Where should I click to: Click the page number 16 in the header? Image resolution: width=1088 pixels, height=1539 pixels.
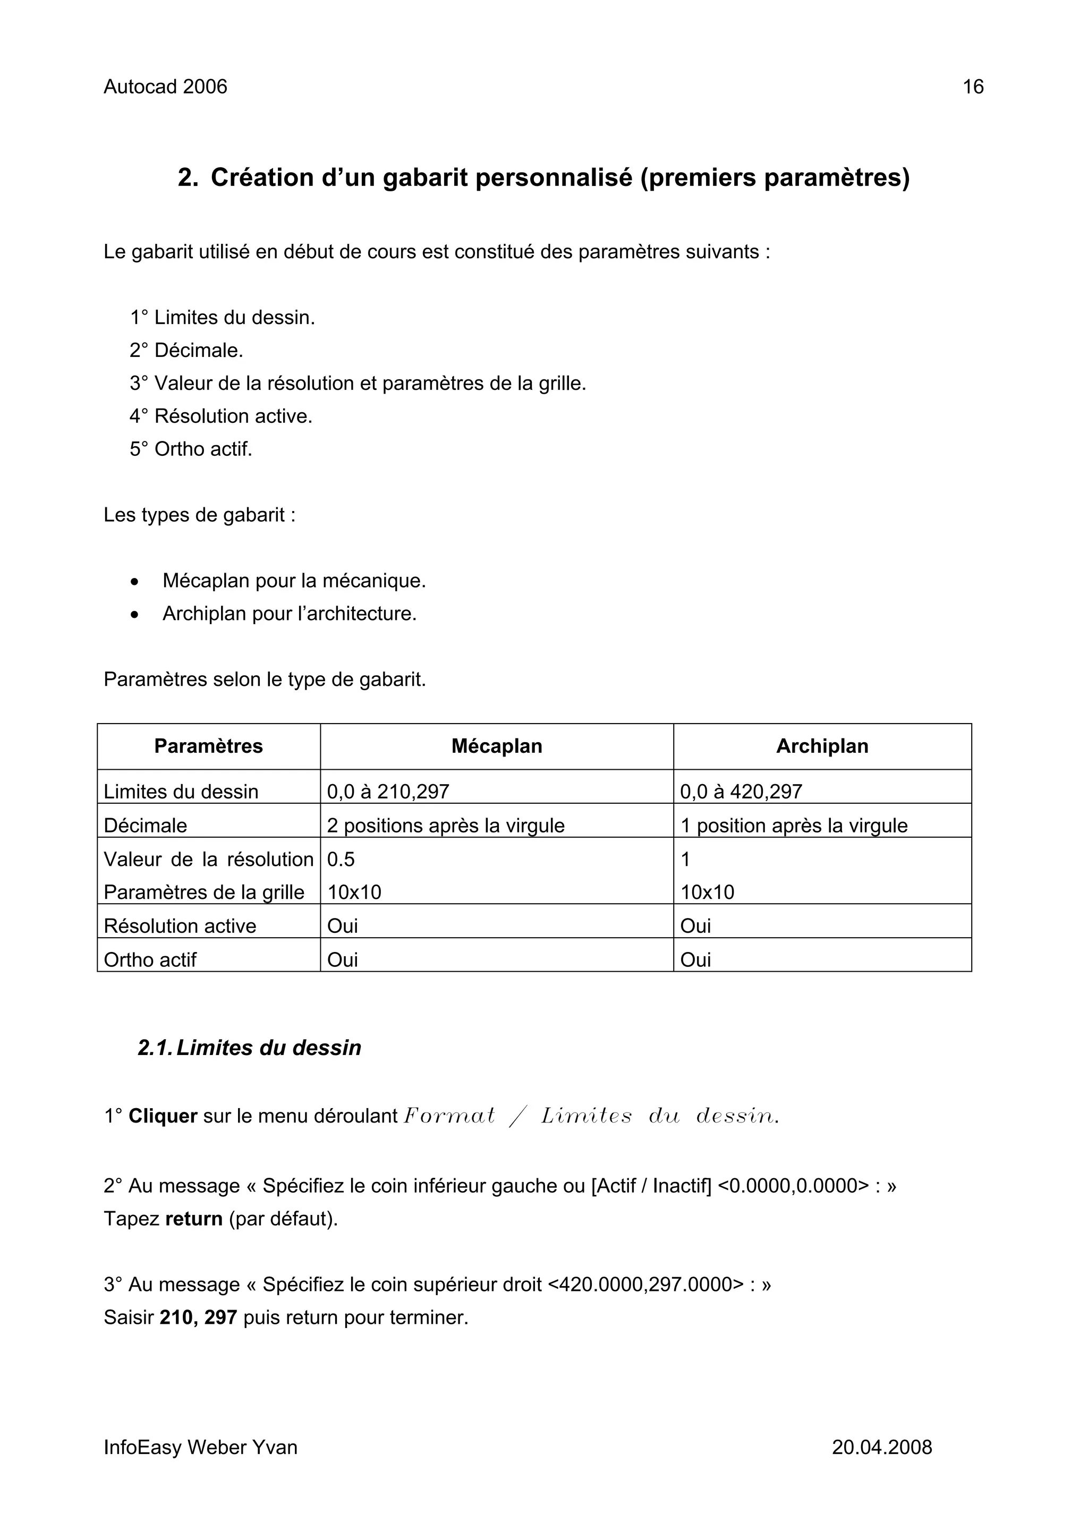[972, 87]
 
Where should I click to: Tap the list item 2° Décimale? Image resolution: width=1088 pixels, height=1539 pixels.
[186, 350]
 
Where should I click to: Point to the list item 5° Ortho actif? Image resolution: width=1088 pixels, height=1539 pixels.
[191, 448]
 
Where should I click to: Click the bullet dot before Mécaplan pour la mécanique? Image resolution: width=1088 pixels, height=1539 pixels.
[135, 582]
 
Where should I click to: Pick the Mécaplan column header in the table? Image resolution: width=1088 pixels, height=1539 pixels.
[496, 746]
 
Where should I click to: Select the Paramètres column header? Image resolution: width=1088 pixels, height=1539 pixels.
[208, 746]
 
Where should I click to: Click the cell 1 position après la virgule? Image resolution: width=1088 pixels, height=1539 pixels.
[793, 825]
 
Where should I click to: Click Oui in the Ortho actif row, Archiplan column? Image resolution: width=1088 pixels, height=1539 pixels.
[695, 960]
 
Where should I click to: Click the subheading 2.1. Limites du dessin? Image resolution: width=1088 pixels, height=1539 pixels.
[249, 1048]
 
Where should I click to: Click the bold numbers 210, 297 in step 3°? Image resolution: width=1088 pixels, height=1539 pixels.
[199, 1318]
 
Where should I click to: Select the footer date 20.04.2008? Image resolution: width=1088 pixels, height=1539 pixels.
[881, 1447]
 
